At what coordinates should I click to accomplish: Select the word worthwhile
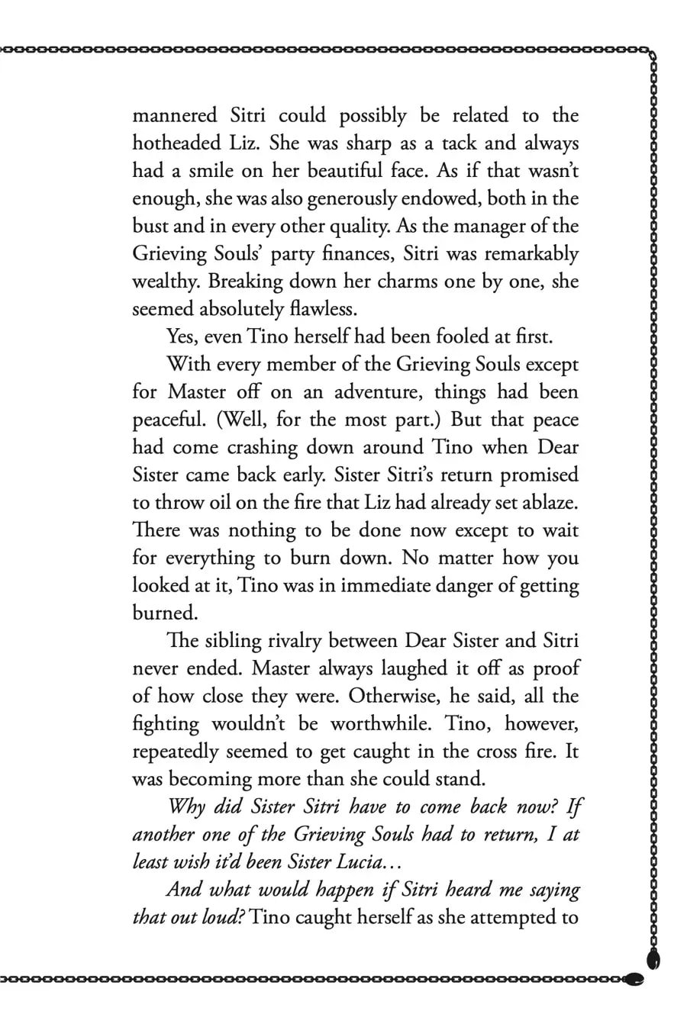(376, 723)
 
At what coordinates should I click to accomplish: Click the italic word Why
(186, 806)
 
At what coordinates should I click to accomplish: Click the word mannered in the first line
(176, 116)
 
